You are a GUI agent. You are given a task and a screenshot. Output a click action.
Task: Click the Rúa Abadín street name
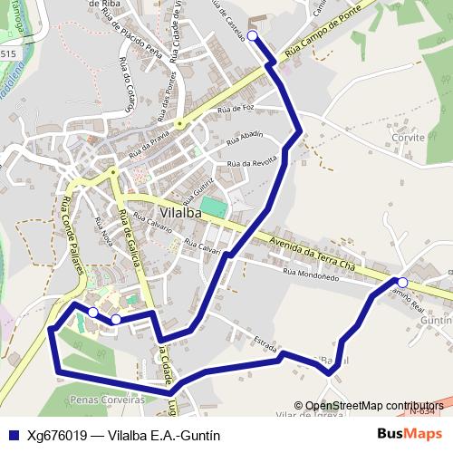point(245,135)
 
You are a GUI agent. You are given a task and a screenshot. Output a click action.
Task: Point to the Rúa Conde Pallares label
point(65,235)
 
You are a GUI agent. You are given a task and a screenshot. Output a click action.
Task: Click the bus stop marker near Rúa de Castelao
point(252,35)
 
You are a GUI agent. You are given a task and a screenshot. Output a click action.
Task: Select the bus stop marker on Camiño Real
point(402,283)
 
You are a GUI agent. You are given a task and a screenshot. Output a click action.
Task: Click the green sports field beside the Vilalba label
point(213,207)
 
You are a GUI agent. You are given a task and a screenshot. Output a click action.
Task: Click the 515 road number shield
point(8,54)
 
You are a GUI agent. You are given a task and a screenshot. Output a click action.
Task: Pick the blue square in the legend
point(13,435)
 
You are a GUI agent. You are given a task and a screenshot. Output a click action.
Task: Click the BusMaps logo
point(410,434)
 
